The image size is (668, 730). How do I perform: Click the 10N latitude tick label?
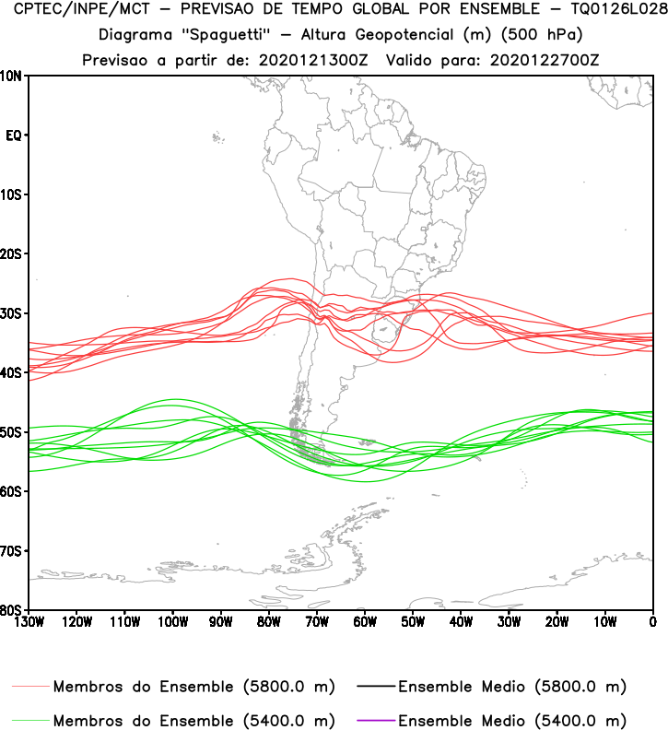coord(12,76)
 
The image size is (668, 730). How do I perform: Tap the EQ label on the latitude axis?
coord(14,135)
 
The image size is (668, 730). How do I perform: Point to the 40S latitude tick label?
coord(12,372)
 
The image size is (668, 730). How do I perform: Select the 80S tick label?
coord(12,610)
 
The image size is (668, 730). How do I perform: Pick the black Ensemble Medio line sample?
coord(374,687)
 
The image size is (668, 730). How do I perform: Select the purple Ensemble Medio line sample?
coord(374,719)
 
